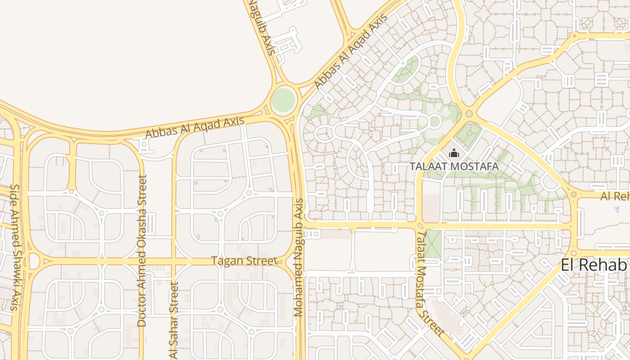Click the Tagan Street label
tap(244, 261)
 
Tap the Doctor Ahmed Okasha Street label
tap(142, 251)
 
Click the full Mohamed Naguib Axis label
tap(299, 257)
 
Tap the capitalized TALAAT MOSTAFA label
tap(454, 166)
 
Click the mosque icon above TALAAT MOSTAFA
tap(454, 154)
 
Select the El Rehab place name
tap(594, 265)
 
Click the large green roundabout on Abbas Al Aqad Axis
tap(283, 98)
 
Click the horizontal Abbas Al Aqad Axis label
tap(195, 127)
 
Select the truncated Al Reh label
tap(615, 196)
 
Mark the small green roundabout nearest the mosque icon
tap(469, 114)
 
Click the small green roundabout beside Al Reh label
tap(574, 194)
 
